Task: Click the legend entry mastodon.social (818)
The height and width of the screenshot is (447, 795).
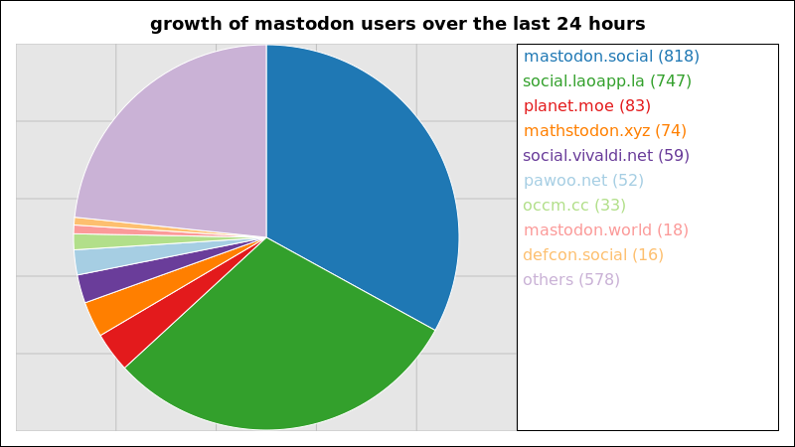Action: point(611,57)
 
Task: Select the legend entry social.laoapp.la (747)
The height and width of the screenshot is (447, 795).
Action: point(607,81)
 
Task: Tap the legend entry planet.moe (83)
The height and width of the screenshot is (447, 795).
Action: point(586,106)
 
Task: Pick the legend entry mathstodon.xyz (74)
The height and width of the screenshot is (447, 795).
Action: point(604,131)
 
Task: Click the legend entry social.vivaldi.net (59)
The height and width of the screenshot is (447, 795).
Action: point(606,156)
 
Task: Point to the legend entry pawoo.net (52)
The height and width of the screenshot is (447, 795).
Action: point(583,181)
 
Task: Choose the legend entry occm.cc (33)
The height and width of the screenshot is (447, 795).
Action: point(574,206)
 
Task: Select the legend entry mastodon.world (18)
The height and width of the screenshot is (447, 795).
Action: point(605,230)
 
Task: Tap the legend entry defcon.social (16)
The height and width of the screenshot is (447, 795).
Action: point(592,255)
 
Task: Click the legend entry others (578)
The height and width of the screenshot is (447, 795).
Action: point(570,280)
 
